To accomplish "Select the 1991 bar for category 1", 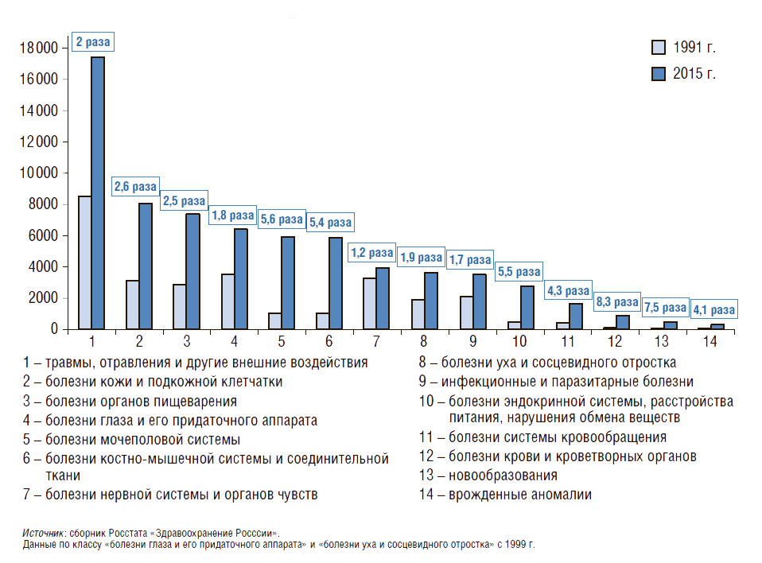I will point(84,262).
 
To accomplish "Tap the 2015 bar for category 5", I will point(288,282).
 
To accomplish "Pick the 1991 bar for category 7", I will point(370,303).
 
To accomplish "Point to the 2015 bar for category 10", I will point(527,307).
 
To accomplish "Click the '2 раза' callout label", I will point(93,41).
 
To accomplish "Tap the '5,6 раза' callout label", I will point(280,219).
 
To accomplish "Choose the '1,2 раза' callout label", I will point(371,253).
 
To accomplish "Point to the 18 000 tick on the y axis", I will point(37,49).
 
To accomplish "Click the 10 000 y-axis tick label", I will point(37,173).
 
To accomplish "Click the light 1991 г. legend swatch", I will point(657,46).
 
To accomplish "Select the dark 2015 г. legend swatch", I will point(657,73).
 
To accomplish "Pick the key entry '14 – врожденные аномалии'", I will point(505,495).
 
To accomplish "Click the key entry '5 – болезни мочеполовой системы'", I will point(131,439).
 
